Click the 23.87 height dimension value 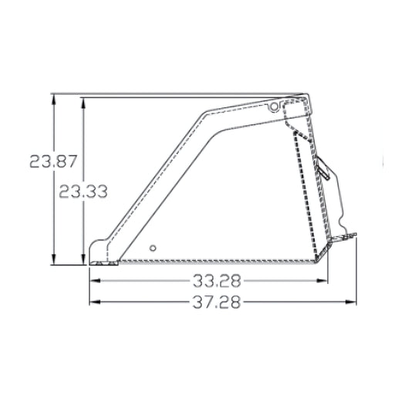click(53, 161)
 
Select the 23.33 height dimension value click(83, 191)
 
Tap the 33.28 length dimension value click(217, 281)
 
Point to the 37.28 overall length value click(217, 302)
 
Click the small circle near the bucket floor click(153, 248)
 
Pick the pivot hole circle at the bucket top click(275, 106)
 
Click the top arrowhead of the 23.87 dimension click(53, 100)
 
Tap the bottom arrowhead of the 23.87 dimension click(53, 259)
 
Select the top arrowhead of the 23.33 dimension click(83, 103)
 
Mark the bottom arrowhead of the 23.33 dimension click(83, 259)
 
